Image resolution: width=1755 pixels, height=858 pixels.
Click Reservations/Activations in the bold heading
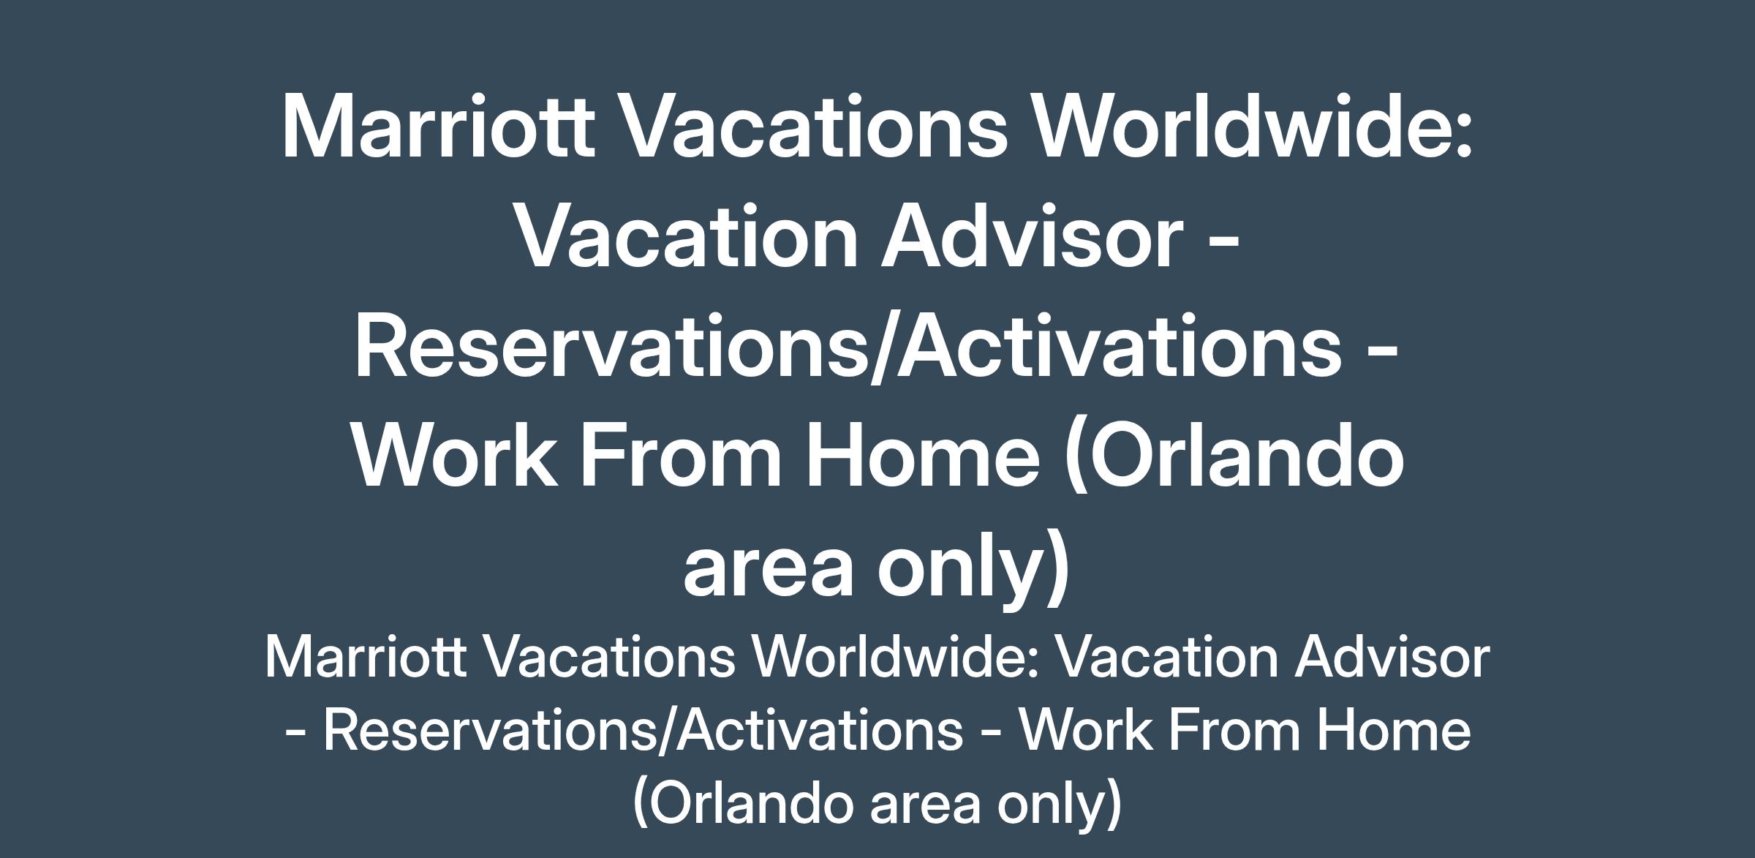848,345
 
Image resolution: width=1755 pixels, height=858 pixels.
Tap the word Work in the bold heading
454,455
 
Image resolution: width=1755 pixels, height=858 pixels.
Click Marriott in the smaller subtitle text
366,656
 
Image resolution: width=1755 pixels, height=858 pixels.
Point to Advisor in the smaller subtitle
1392,655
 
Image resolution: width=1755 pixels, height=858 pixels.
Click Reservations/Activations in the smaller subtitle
643,730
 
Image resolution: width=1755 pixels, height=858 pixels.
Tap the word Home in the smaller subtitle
1394,729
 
